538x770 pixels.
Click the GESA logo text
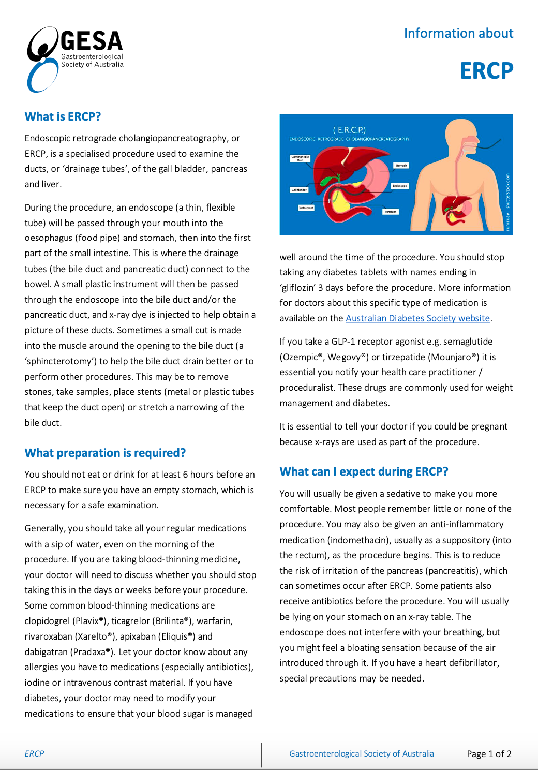tap(92, 41)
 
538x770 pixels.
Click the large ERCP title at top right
tap(486, 71)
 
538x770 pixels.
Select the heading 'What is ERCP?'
tap(63, 116)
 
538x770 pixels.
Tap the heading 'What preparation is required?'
tap(105, 453)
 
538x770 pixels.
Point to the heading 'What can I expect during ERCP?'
tap(364, 471)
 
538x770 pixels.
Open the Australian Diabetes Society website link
tap(417, 318)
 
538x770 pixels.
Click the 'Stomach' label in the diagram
tap(401, 166)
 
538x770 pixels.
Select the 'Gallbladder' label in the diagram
tap(299, 190)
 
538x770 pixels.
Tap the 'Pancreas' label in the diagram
tap(391, 212)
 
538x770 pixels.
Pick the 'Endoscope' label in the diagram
tap(400, 186)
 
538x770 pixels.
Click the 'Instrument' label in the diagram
tap(306, 208)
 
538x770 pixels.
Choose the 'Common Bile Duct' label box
tap(300, 158)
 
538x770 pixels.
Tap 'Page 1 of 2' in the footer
tap(489, 754)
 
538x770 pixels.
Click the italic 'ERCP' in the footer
tap(34, 754)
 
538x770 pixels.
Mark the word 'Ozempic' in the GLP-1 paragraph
tap(302, 357)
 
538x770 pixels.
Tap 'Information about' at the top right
tap(458, 33)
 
